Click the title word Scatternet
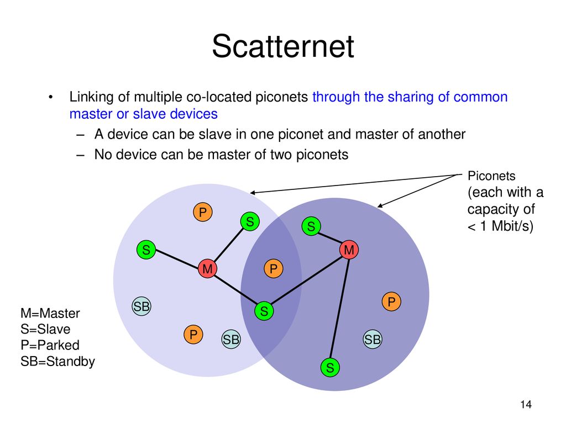[282, 47]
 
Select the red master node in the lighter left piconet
[207, 269]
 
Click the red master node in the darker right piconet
[349, 250]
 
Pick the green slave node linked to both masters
[264, 311]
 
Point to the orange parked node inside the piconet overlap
[272, 269]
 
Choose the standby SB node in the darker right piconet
[373, 340]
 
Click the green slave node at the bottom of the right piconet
[330, 367]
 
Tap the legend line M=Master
[50, 314]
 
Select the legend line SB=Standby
[57, 362]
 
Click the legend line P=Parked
[50, 346]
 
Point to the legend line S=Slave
[45, 330]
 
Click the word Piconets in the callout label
[491, 176]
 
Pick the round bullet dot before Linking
[50, 98]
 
